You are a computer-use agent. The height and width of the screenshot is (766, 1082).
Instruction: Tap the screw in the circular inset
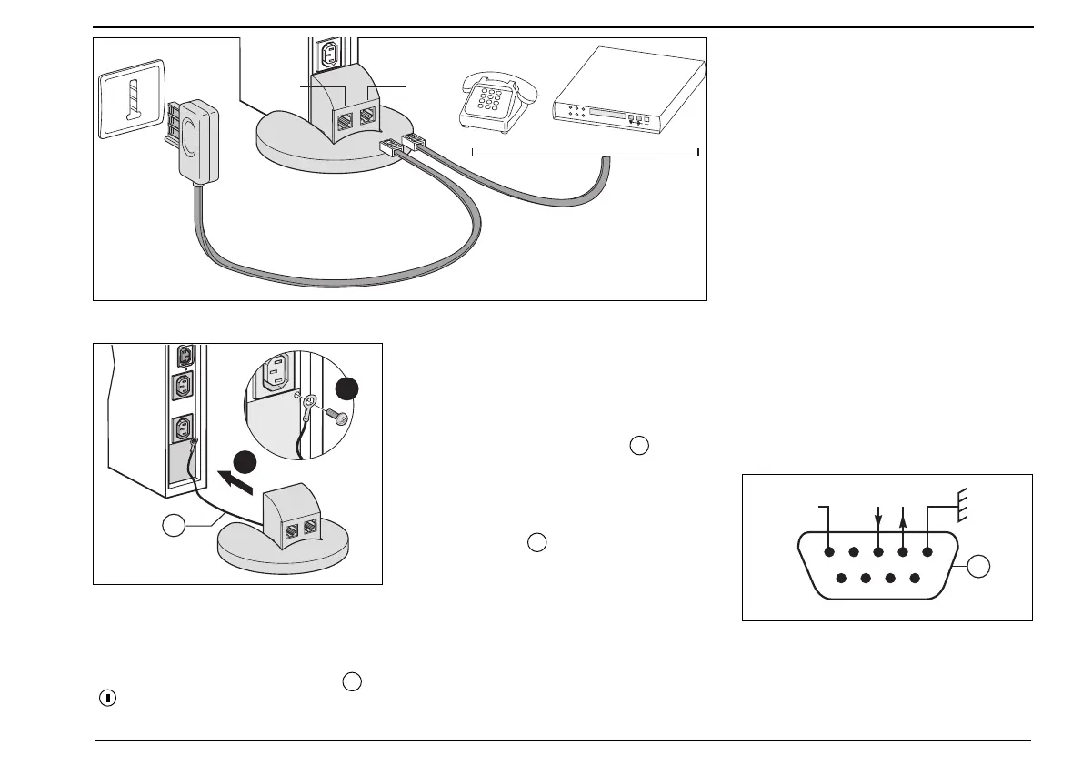click(341, 416)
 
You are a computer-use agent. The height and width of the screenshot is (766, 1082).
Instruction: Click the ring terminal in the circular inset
click(312, 400)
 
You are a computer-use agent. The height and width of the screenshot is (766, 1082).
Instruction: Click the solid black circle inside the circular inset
click(347, 388)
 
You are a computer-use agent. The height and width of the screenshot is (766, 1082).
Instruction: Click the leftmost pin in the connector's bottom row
click(841, 578)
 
